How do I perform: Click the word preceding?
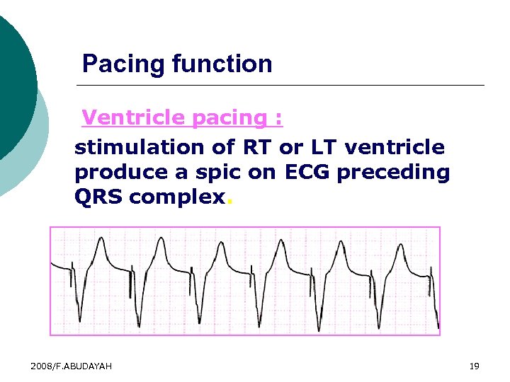[x=393, y=173]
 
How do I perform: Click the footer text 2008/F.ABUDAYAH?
[x=71, y=366]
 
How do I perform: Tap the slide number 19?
[x=474, y=366]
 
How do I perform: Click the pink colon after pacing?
[x=278, y=119]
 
